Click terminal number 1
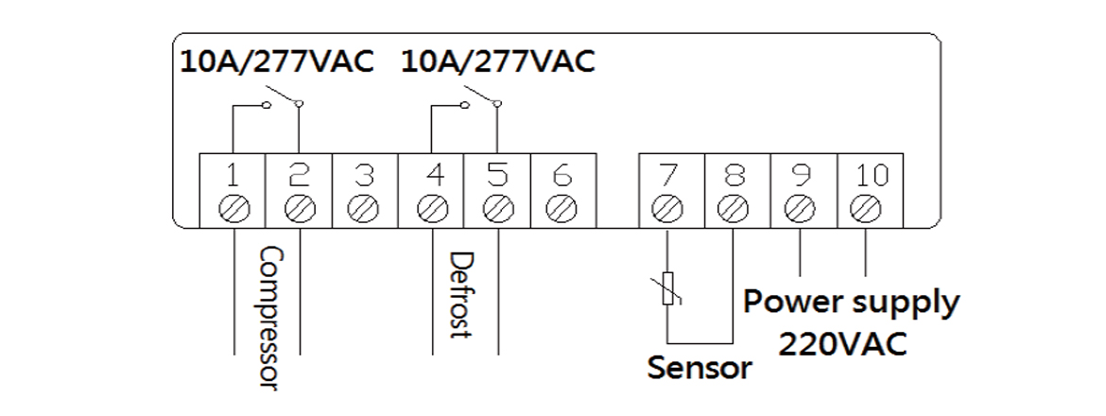pos(233,174)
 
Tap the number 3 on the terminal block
pos(365,174)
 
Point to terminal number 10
pos(867,174)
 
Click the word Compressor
pos(271,317)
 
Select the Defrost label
pos(460,295)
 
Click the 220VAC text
pos(842,342)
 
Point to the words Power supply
pos(851,303)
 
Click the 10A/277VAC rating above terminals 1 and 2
pos(278,61)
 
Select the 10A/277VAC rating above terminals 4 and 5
pos(498,61)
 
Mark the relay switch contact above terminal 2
pos(285,97)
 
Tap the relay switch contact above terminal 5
pos(482,97)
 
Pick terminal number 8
pos(734,174)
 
